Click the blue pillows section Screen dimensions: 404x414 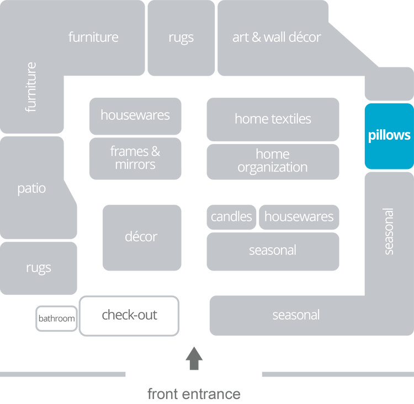point(389,136)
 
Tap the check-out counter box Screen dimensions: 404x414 point(129,315)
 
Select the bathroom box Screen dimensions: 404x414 point(56,318)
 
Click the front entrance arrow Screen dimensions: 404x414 point(194,358)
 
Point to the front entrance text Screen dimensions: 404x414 point(194,394)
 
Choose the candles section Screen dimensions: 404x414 point(231,217)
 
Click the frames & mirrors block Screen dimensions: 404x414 point(135,158)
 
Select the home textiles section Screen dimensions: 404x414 point(273,119)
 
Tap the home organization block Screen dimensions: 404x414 point(273,161)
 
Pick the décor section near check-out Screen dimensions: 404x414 point(141,237)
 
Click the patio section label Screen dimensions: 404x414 point(31,189)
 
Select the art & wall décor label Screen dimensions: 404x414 point(277,38)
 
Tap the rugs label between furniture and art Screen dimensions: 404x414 point(181,38)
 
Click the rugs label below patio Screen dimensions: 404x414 point(38,268)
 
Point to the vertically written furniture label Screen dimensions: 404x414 point(31,87)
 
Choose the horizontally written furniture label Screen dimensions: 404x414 point(93,38)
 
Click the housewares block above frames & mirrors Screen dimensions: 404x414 point(135,115)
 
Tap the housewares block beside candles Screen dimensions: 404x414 point(299,217)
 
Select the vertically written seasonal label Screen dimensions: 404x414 point(389,231)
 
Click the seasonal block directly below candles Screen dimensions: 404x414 point(273,251)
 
